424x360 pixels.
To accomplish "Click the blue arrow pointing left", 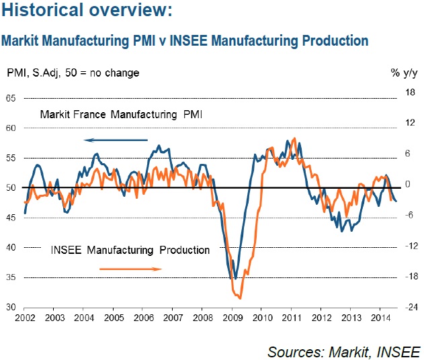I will [x=116, y=140].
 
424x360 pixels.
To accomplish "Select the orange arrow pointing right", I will [x=130, y=269].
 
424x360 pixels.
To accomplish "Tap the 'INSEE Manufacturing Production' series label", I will [x=130, y=250].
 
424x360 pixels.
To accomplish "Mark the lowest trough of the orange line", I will [x=240, y=298].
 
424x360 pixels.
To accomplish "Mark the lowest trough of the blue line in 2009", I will [x=235, y=278].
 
